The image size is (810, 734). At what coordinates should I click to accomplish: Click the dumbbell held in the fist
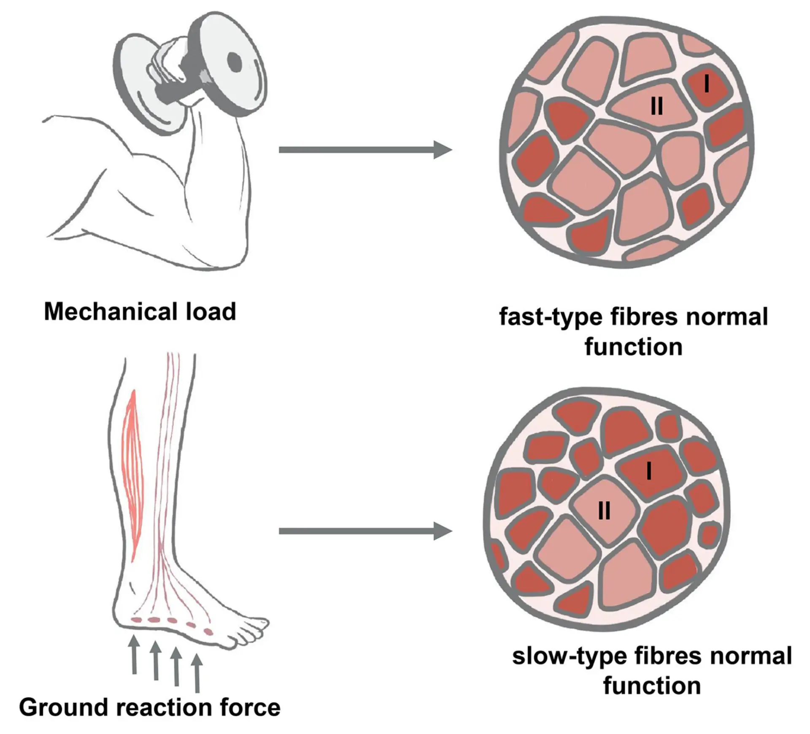(190, 72)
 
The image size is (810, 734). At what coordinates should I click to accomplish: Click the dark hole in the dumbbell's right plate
(235, 63)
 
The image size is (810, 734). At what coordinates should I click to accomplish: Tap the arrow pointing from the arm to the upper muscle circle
(365, 150)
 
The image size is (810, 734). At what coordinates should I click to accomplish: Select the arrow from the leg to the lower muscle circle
(365, 531)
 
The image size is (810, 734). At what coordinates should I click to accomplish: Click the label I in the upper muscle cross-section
(707, 84)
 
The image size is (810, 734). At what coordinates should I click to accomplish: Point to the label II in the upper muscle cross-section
(657, 105)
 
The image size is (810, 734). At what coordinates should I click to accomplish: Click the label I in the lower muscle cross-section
(649, 470)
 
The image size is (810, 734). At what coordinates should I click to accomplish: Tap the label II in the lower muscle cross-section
(604, 512)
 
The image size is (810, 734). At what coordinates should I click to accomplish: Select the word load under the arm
(211, 312)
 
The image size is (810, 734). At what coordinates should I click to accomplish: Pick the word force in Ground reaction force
(250, 707)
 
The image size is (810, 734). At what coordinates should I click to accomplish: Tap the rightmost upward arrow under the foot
(197, 672)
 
